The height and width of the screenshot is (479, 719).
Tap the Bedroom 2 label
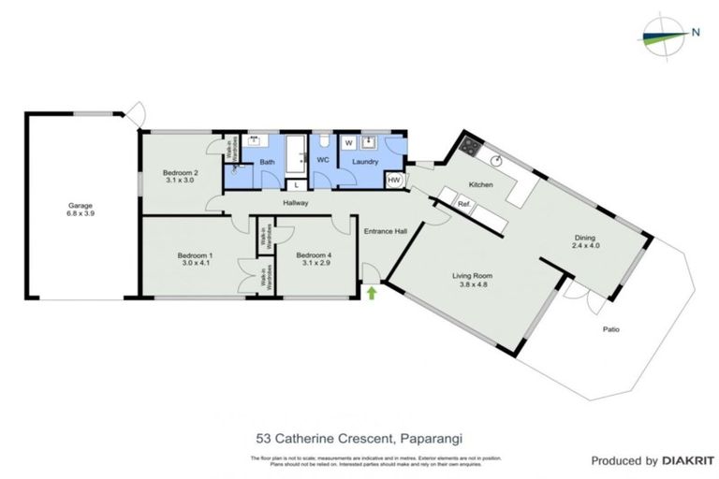178,172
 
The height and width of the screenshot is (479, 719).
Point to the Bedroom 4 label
314,254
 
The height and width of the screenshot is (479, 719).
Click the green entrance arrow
372,294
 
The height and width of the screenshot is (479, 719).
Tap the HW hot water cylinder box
394,180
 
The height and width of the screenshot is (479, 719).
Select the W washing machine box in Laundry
348,143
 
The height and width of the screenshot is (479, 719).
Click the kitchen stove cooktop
467,147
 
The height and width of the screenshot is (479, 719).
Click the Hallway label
295,203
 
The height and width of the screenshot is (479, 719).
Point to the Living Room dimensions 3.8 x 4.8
474,287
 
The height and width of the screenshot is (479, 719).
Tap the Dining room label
584,239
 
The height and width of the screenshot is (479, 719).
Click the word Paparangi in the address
433,436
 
